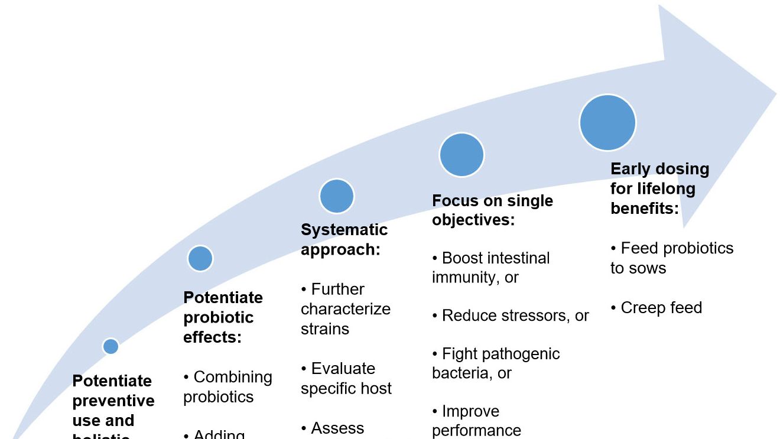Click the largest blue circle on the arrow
click(x=607, y=123)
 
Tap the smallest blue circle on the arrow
click(x=110, y=346)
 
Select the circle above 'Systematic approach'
click(x=336, y=196)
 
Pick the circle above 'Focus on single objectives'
click(x=461, y=155)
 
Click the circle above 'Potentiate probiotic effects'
click(x=200, y=258)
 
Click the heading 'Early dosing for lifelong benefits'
click(x=659, y=188)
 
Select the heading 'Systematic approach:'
click(x=344, y=239)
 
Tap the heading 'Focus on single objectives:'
click(x=492, y=210)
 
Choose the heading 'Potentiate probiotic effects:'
click(x=223, y=317)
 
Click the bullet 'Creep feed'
click(x=656, y=308)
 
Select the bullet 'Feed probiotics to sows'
click(x=671, y=258)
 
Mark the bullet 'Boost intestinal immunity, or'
click(x=490, y=268)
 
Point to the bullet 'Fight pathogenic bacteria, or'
click(x=495, y=363)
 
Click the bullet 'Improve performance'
click(x=476, y=421)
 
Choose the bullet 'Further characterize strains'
click(x=345, y=309)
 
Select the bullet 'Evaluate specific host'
click(x=346, y=379)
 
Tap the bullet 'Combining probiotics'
click(x=227, y=387)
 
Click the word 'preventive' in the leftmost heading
click(x=113, y=401)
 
